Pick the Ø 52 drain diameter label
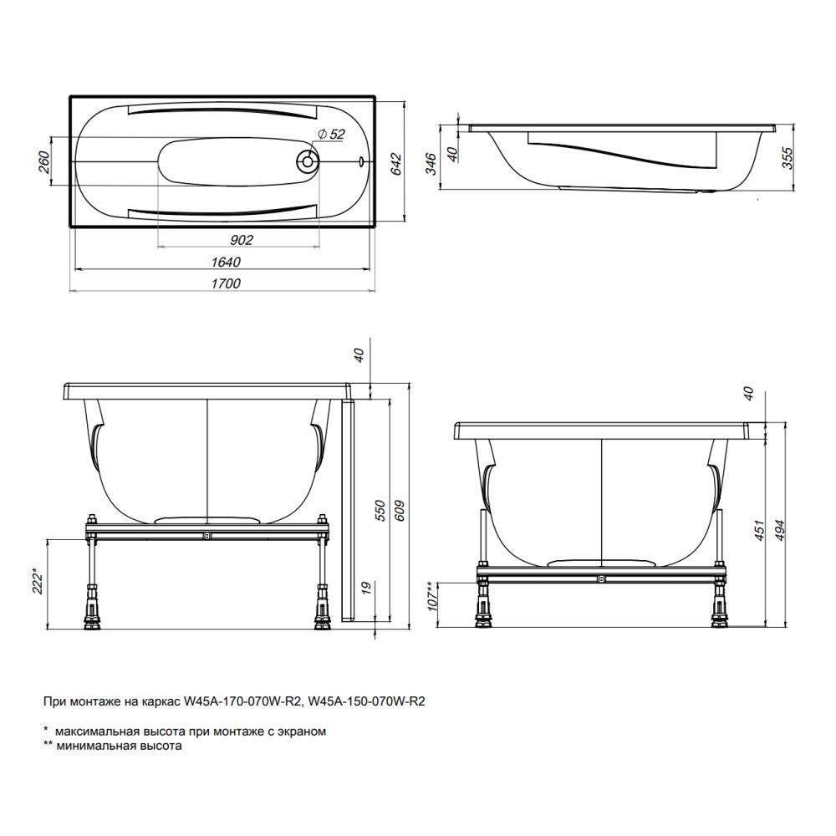332,135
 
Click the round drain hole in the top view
307,160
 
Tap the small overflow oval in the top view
361,160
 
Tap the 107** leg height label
431,596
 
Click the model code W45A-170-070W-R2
242,701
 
